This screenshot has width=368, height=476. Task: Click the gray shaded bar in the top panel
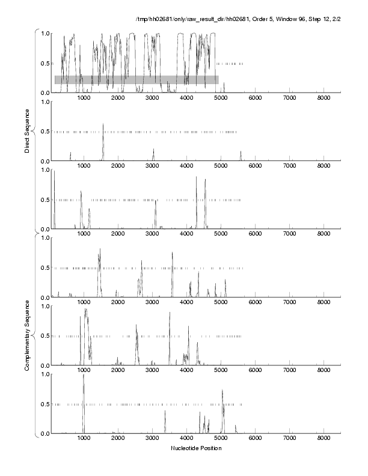[136, 79]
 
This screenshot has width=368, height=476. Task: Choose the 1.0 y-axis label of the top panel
[44, 33]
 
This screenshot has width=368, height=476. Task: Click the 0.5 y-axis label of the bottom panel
[44, 404]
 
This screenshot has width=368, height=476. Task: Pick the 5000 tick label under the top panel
[220, 99]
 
